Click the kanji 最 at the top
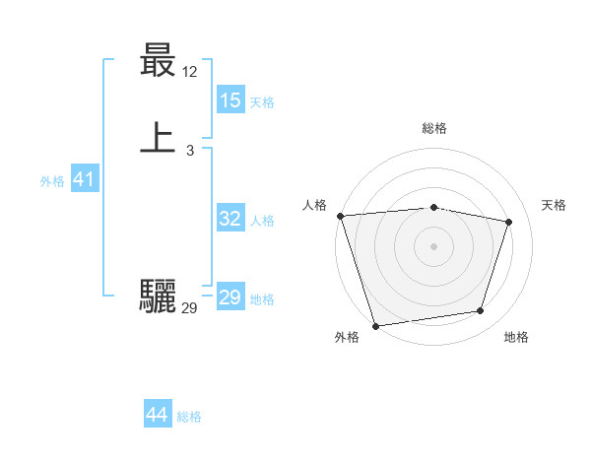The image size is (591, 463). [x=158, y=63]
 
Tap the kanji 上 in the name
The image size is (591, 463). [x=158, y=138]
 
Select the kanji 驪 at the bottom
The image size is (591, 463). [x=158, y=296]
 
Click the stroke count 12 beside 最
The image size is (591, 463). [x=190, y=72]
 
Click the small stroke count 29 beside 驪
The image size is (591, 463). [x=189, y=308]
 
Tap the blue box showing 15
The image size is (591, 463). [x=230, y=100]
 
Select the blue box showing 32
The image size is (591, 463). [x=230, y=219]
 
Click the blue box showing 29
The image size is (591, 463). [x=230, y=298]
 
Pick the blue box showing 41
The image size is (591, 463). [x=84, y=179]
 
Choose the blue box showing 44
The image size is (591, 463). [x=158, y=415]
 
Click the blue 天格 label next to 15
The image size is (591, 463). [x=262, y=101]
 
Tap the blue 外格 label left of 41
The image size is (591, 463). [x=52, y=180]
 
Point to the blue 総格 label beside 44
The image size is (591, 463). [x=189, y=417]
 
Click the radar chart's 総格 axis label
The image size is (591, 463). [x=434, y=128]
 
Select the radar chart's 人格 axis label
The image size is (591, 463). [x=314, y=205]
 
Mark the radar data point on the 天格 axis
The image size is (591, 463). [x=509, y=222]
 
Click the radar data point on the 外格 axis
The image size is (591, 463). [x=375, y=325]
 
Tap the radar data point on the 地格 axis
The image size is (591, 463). [x=481, y=311]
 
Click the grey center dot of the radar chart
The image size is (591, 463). [x=434, y=246]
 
